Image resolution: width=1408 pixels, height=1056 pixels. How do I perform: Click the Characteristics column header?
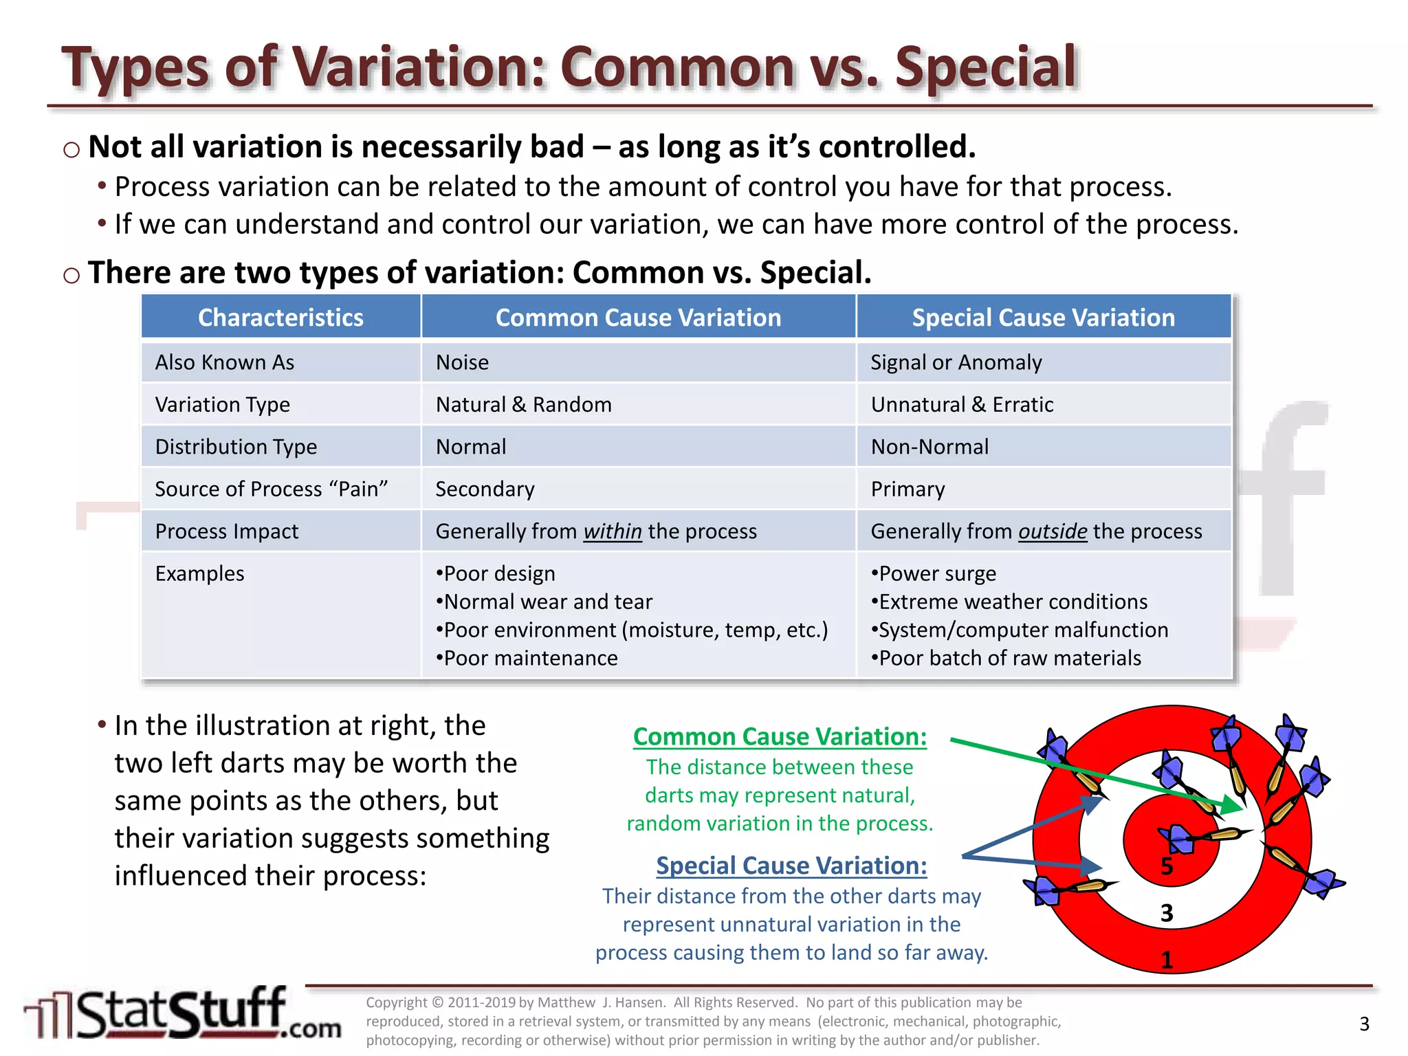[280, 318]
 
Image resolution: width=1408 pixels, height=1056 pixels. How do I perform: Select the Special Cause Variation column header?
[1043, 318]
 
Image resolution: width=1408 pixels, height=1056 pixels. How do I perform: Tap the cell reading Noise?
[462, 362]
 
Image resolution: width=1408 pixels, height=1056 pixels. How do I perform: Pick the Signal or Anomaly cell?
[956, 362]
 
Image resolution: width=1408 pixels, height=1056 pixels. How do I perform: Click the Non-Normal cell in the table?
[929, 447]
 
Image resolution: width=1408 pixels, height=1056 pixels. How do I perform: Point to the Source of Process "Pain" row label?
[271, 489]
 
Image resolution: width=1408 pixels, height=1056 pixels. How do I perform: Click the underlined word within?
[612, 531]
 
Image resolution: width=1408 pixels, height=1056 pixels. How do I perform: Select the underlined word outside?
[1052, 531]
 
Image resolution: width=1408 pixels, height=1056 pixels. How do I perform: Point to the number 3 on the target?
[1167, 913]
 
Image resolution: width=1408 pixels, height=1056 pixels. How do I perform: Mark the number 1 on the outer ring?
[1167, 960]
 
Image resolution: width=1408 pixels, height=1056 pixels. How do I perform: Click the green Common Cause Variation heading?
[780, 736]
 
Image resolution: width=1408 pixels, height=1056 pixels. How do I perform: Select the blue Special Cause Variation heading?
[791, 866]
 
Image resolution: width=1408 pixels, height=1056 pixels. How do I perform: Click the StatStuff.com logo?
[182, 1014]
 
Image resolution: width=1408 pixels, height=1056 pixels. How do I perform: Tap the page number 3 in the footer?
[1364, 1024]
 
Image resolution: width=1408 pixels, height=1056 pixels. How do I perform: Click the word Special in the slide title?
[985, 67]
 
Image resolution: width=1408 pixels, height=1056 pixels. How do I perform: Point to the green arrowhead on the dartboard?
[1235, 806]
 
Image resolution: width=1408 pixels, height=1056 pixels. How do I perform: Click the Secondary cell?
[485, 489]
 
